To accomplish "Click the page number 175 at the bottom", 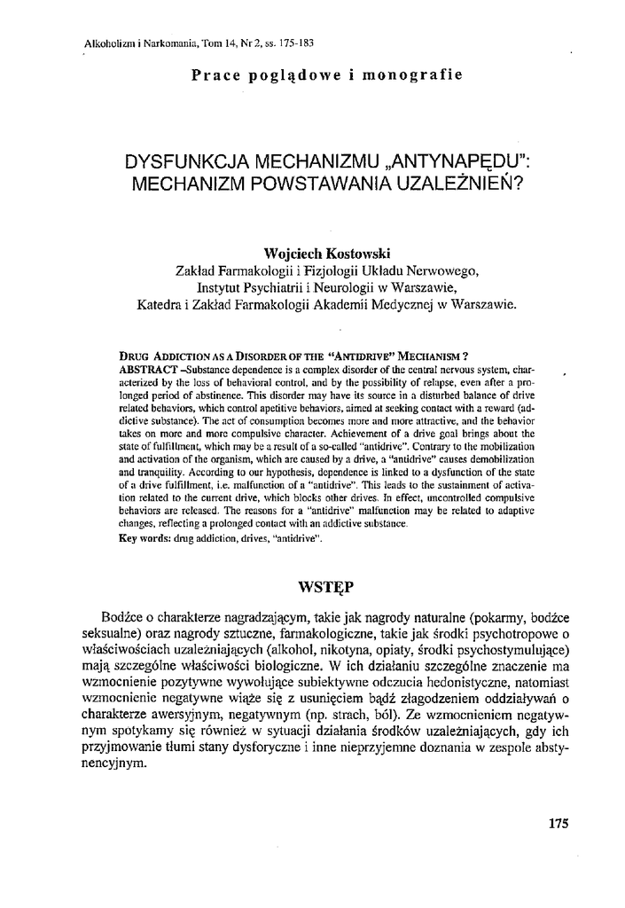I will click(x=558, y=822).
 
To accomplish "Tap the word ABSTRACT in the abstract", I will click(x=146, y=368).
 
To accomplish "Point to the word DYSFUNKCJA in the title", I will click(x=187, y=164).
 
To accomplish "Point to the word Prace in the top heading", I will click(x=213, y=75).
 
